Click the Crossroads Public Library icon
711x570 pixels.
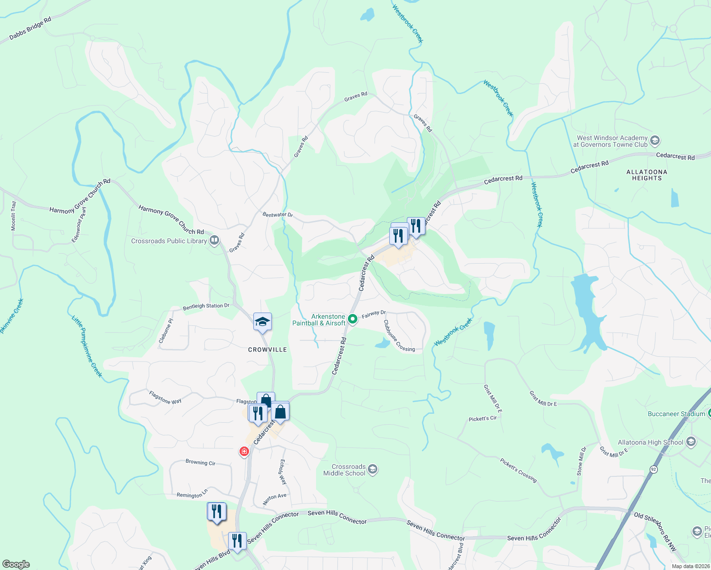point(214,240)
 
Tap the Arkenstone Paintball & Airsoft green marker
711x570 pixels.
point(352,319)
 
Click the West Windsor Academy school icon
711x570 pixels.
point(655,141)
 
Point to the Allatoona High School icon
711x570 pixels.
point(691,442)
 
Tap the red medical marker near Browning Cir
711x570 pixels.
point(244,451)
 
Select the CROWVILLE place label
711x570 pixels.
point(268,350)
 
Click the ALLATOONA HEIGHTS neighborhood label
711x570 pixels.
point(646,175)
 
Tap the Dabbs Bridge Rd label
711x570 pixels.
point(30,28)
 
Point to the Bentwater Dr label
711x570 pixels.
point(278,215)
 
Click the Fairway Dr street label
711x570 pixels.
point(374,314)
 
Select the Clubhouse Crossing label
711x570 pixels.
point(399,336)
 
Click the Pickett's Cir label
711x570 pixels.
point(482,418)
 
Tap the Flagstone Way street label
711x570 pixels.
point(165,397)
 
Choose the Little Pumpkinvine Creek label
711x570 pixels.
point(87,346)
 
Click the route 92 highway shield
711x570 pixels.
point(653,469)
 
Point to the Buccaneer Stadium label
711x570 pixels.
point(676,414)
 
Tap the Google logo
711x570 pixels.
point(16,564)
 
